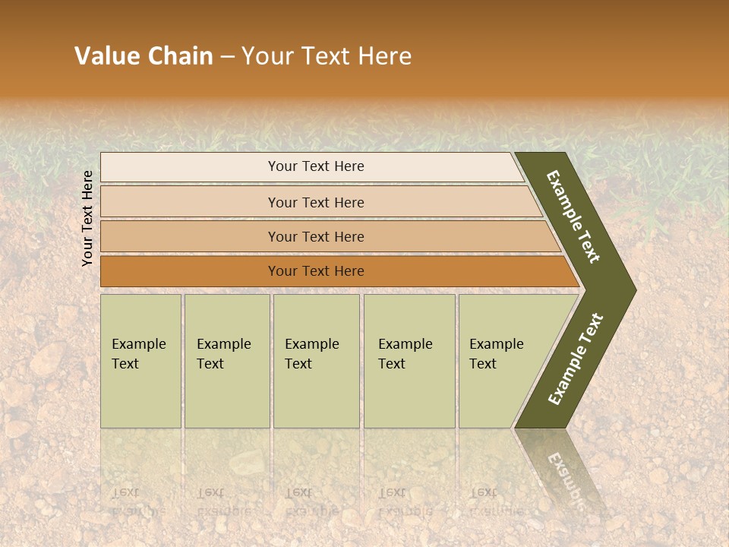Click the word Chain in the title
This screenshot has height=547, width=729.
[x=180, y=56]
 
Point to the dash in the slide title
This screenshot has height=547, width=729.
[x=227, y=57]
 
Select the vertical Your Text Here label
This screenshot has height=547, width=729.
[x=87, y=218]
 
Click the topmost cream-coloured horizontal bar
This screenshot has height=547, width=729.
[x=316, y=166]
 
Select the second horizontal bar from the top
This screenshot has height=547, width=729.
[x=316, y=202]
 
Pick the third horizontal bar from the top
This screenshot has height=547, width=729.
[x=316, y=236]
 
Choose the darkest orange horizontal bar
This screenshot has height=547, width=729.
[x=316, y=271]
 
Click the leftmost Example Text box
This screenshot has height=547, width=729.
[x=140, y=361]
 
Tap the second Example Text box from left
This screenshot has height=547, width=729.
[x=226, y=361]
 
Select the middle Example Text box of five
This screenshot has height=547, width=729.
[x=315, y=361]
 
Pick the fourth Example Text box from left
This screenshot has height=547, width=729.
[x=409, y=361]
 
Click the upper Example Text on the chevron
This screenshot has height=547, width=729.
[x=574, y=217]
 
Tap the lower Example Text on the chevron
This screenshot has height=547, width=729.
[x=576, y=359]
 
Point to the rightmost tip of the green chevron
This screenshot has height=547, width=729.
[x=635, y=290]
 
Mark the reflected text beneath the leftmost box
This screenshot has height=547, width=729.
[x=129, y=501]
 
